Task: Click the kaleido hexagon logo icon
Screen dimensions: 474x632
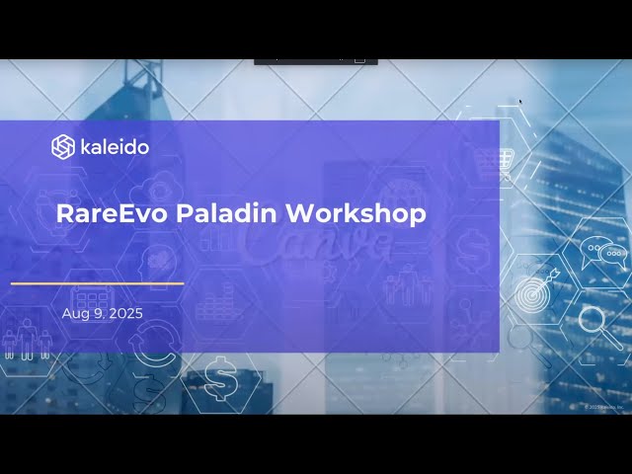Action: pyautogui.click(x=63, y=147)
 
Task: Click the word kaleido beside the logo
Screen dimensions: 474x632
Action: pyautogui.click(x=114, y=147)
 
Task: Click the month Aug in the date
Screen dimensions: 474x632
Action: pyautogui.click(x=75, y=313)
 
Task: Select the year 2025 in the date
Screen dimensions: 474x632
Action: pyautogui.click(x=125, y=313)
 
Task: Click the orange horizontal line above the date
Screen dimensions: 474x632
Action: pyautogui.click(x=97, y=283)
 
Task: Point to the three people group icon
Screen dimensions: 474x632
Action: pyautogui.click(x=26, y=342)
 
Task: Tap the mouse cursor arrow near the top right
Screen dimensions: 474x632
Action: pyautogui.click(x=520, y=100)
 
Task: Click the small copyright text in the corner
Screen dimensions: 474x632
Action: pyautogui.click(x=604, y=407)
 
